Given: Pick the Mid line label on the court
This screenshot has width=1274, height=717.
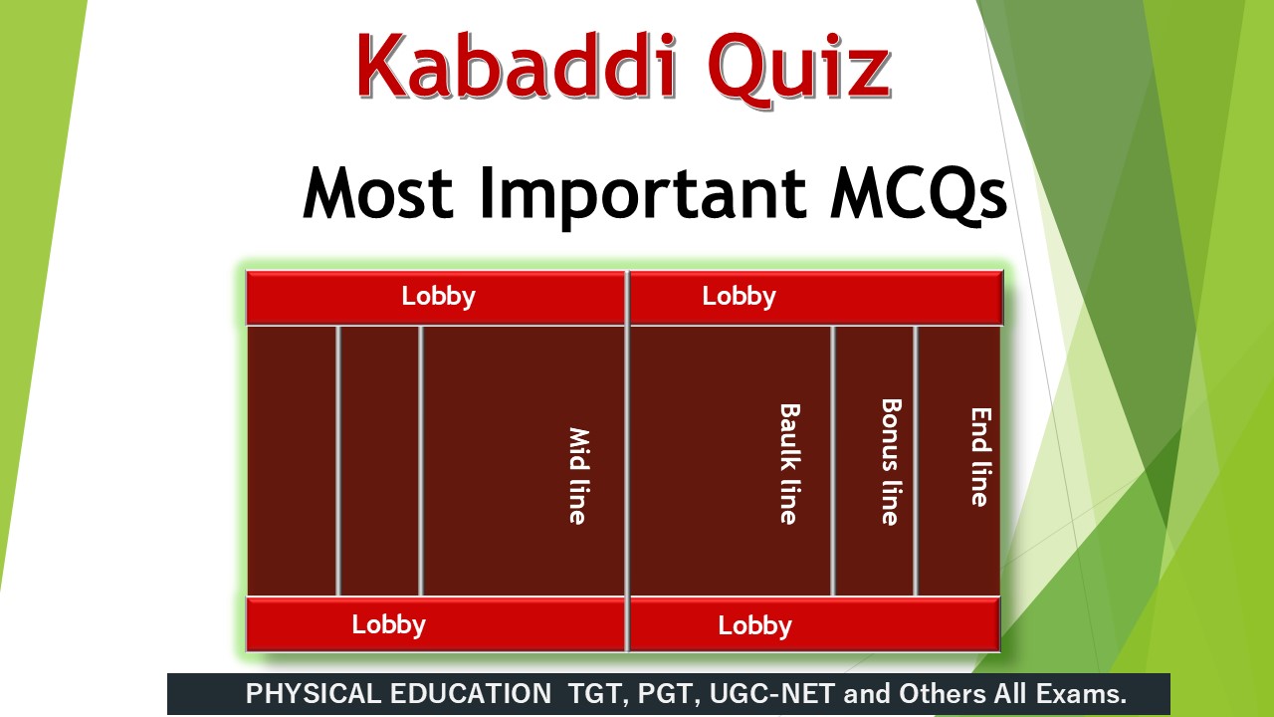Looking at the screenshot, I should pyautogui.click(x=578, y=475).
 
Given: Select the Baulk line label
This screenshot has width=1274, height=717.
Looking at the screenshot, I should pyautogui.click(x=788, y=463).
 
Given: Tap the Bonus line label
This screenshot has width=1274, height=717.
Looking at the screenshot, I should pyautogui.click(x=890, y=462).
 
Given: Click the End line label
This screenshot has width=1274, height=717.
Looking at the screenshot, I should pyautogui.click(x=980, y=457).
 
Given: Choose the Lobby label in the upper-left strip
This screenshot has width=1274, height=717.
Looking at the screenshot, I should pyautogui.click(x=438, y=296).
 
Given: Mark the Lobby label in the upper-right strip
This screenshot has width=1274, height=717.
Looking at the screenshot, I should pyautogui.click(x=739, y=296).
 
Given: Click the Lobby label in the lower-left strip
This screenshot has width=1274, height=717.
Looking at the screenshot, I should pyautogui.click(x=388, y=624).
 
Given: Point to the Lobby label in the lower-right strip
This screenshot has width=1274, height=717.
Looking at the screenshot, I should pyautogui.click(x=754, y=625).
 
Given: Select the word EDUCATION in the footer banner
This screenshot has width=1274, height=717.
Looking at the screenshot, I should pyautogui.click(x=468, y=694).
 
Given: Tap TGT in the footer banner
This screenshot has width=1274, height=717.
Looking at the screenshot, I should pyautogui.click(x=594, y=694).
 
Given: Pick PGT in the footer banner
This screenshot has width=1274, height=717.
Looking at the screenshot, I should pyautogui.click(x=662, y=694).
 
